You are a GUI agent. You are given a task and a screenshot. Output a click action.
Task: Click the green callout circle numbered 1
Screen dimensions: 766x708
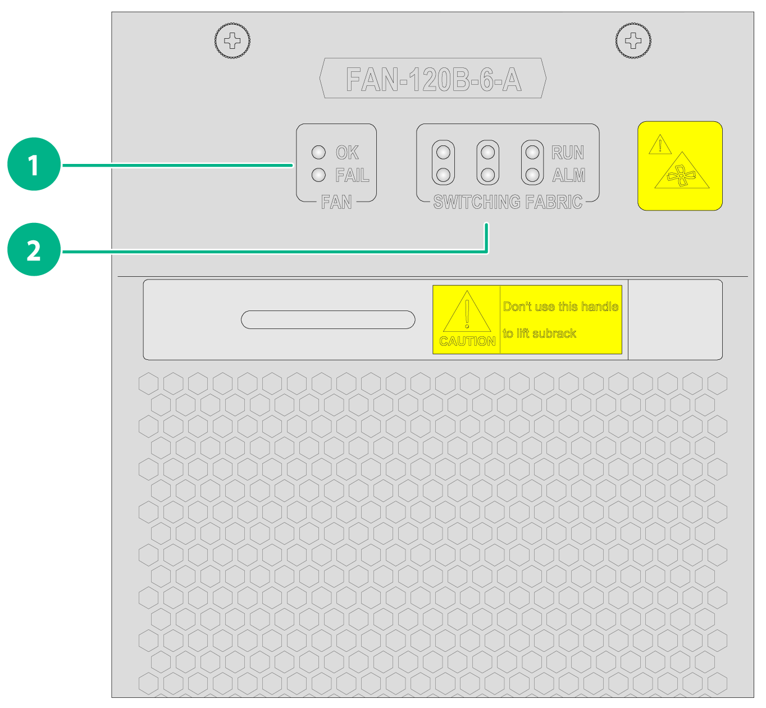[34, 165]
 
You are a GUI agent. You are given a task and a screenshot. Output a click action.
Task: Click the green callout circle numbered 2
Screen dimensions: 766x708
[34, 249]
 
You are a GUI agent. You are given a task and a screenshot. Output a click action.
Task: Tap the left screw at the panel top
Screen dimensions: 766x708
[232, 40]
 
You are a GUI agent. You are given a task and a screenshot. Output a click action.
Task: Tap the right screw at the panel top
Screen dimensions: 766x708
[633, 40]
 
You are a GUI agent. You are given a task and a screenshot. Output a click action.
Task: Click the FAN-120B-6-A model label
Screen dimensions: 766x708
[434, 79]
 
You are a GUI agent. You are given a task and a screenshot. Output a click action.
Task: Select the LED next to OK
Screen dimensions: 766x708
[318, 152]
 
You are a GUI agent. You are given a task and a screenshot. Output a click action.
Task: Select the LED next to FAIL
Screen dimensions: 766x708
[318, 175]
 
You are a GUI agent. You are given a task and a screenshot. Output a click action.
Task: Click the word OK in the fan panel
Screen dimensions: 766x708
[347, 152]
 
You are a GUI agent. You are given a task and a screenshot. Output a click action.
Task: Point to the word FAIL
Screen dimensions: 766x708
[352, 175]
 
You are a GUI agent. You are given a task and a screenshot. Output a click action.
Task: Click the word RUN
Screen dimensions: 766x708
[567, 152]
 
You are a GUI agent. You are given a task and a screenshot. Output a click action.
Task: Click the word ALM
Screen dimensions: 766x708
[568, 175]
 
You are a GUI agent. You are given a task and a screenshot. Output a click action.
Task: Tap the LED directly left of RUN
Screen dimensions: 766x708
[532, 152]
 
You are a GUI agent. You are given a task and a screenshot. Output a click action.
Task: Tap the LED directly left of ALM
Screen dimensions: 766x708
[532, 175]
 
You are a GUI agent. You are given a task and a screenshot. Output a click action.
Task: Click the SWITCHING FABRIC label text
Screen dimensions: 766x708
[508, 202]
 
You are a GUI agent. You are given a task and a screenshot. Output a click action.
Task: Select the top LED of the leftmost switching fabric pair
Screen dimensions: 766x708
[443, 152]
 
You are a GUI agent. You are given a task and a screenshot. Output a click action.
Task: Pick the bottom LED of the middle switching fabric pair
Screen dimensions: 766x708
[488, 175]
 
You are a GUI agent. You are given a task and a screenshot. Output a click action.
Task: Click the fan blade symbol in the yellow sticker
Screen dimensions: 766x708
[682, 176]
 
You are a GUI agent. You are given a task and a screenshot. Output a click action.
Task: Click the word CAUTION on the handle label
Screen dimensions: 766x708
[467, 341]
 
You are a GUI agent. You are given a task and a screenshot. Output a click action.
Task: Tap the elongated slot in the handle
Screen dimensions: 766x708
[328, 319]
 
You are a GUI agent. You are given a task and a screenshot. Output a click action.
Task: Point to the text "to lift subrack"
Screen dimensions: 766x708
[539, 333]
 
